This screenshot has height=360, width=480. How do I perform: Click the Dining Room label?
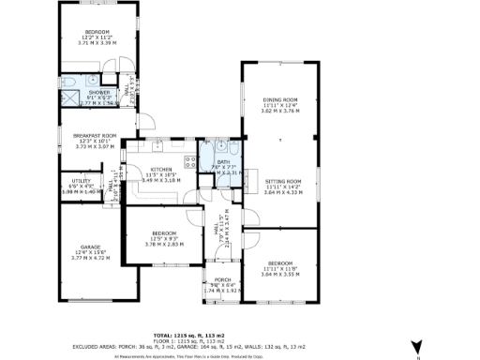[278, 100]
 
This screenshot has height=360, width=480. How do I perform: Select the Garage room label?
[90, 247]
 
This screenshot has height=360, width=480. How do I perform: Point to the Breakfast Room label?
[94, 136]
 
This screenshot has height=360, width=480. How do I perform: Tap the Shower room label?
[99, 92]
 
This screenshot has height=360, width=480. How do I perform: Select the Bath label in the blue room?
[224, 162]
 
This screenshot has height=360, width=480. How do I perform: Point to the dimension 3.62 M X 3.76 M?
[278, 111]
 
